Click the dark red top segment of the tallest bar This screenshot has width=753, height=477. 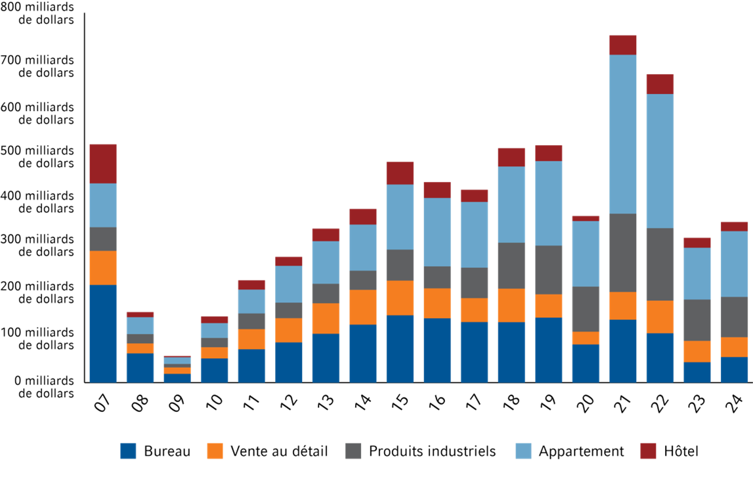(630, 45)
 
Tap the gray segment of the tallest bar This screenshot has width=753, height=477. (630, 252)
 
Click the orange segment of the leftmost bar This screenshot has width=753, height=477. (107, 267)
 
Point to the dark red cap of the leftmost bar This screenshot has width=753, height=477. (107, 163)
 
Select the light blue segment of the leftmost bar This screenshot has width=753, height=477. (107, 205)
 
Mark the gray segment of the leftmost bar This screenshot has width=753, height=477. (107, 238)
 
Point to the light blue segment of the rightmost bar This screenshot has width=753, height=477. (737, 263)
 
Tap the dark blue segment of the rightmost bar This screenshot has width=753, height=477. (737, 369)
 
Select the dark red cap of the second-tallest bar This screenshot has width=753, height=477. (669, 83)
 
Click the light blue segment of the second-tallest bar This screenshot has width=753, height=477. (669, 161)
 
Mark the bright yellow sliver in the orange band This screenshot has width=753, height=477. (381, 306)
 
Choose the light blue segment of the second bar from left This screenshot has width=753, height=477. (146, 325)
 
